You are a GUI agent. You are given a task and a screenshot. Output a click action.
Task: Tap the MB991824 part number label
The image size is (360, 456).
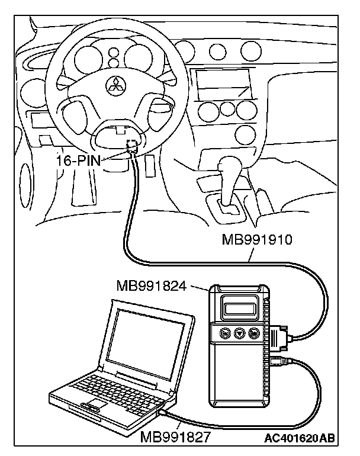151,287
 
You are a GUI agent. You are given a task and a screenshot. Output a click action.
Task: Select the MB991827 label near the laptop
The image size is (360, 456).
175,439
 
